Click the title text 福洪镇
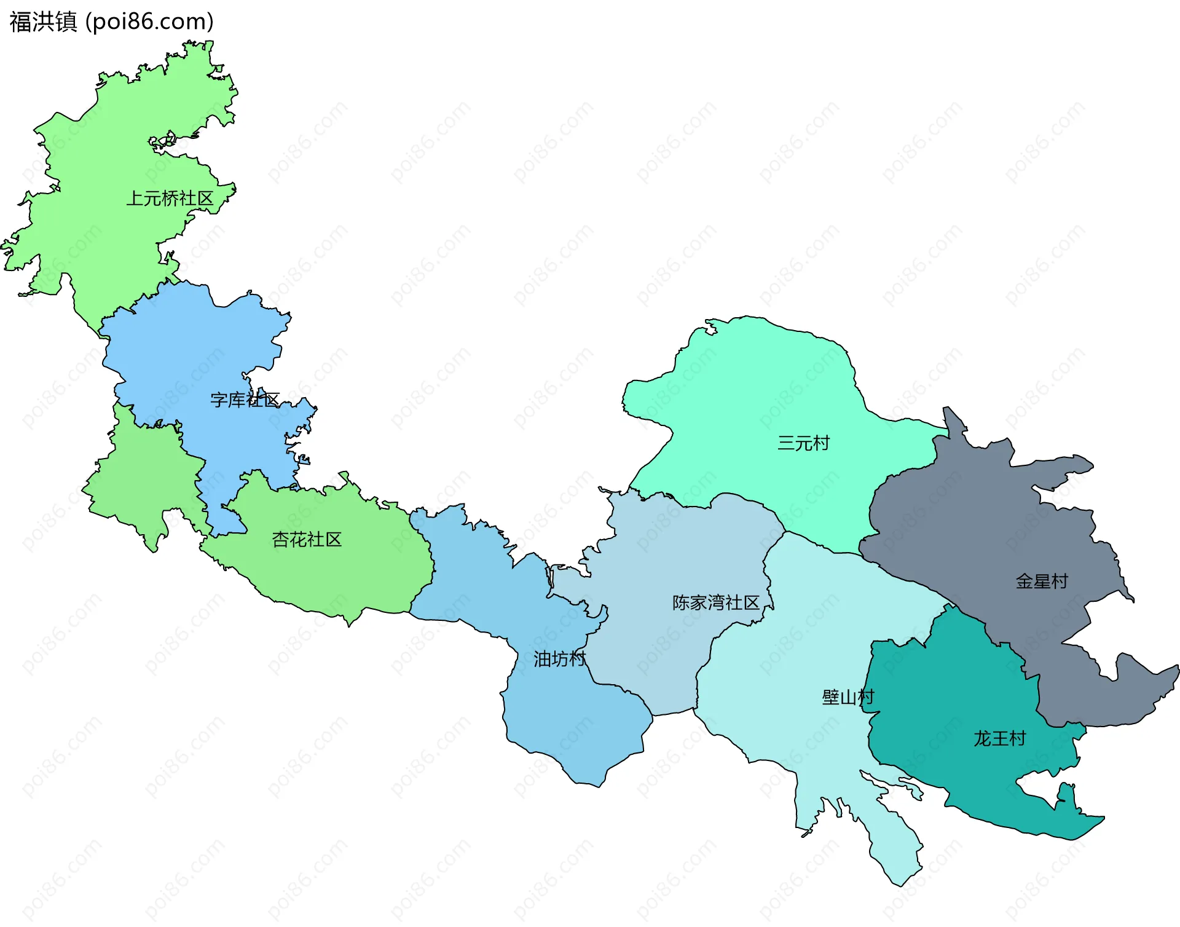43,22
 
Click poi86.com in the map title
149,22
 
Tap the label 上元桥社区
170,199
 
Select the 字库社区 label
245,400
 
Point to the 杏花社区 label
307,540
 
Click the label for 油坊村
559,659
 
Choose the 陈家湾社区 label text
716,602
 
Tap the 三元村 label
803,443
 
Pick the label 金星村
1042,582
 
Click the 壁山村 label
848,697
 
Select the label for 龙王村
1000,738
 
